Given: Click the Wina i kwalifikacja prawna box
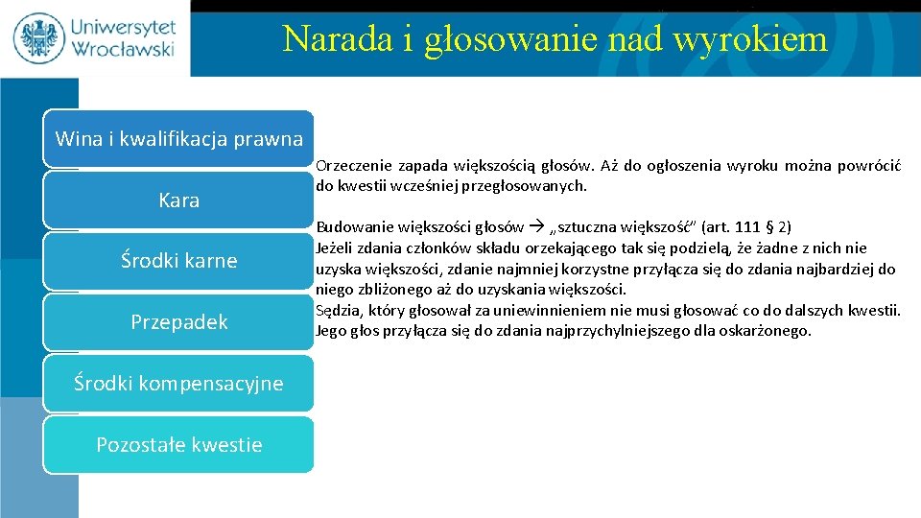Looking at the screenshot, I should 178,139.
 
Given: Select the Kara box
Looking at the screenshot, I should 178,200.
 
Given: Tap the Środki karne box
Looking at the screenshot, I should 178,261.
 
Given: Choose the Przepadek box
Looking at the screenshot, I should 178,322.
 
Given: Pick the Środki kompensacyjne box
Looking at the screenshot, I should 178,384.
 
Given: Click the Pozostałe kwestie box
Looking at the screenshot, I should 178,444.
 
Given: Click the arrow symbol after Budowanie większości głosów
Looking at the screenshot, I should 534,228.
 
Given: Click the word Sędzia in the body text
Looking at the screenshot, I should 338,310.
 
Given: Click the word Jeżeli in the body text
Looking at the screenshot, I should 336,248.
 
